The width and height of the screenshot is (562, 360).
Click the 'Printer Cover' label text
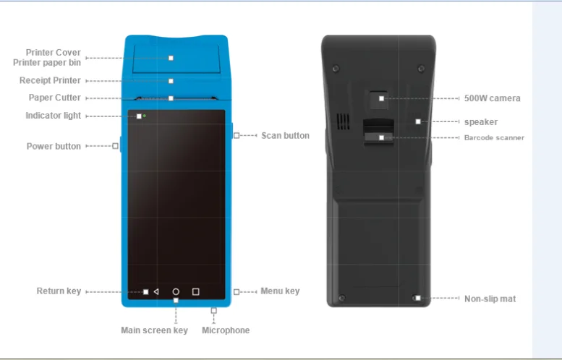pos(54,53)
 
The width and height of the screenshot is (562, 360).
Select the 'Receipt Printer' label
pos(50,80)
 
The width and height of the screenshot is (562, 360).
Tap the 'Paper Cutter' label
pos(55,98)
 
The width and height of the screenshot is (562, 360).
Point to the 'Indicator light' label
pos(54,116)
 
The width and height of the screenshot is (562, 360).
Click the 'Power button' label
pos(54,146)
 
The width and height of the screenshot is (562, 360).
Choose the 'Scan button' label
pos(285,135)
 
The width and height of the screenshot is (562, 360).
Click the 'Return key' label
pos(59,291)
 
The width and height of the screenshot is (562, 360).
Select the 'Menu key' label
pos(280,291)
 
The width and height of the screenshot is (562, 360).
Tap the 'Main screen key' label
pos(154,330)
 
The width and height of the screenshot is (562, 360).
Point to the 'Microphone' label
pos(226,330)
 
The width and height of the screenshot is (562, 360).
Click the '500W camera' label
pos(492,98)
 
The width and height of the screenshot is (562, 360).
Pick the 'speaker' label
pos(481,122)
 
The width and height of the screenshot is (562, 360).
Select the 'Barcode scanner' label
pos(494,137)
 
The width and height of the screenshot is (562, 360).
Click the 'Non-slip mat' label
pos(490,299)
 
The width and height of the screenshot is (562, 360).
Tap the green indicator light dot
pos(145,116)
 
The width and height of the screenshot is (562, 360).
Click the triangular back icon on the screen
pos(156,292)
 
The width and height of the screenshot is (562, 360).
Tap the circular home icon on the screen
pos(176,292)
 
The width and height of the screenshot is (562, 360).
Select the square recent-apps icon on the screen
pos(195,292)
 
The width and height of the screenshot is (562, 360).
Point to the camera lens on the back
pos(379,98)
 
